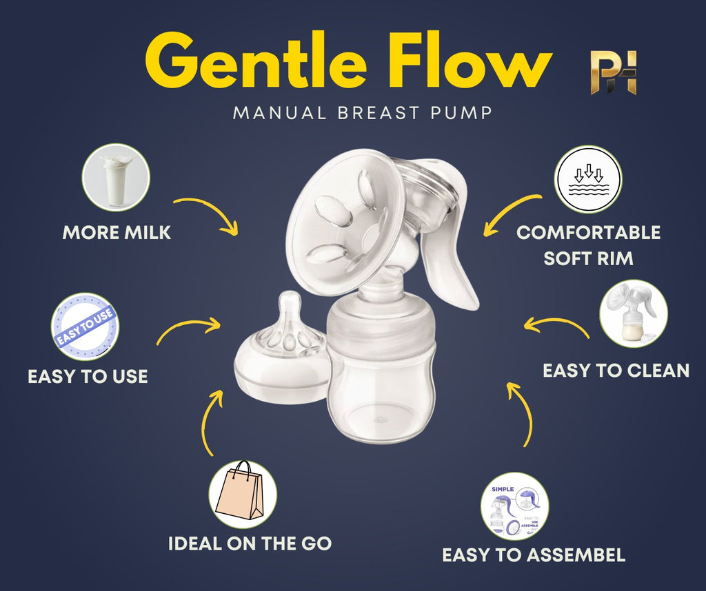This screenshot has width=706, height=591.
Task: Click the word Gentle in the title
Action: click(x=254, y=63)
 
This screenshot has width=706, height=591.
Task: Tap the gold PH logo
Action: click(x=614, y=72)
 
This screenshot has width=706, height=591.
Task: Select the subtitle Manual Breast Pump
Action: click(x=363, y=112)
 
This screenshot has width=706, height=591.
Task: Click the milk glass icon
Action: click(x=116, y=177)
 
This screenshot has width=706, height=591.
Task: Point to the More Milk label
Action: click(x=117, y=233)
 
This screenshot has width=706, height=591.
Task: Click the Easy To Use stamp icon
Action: click(x=85, y=326)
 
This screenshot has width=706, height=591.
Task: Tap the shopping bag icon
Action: click(x=242, y=493)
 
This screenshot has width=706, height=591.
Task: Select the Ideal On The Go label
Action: click(x=250, y=543)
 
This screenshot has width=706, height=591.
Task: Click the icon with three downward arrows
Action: click(x=588, y=179)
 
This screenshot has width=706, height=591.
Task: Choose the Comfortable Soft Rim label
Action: click(x=588, y=245)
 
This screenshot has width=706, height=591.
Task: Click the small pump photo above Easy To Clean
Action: click(x=633, y=313)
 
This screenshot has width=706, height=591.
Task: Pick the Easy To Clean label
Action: click(x=616, y=371)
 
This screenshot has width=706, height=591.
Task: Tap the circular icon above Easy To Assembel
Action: click(x=514, y=506)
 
